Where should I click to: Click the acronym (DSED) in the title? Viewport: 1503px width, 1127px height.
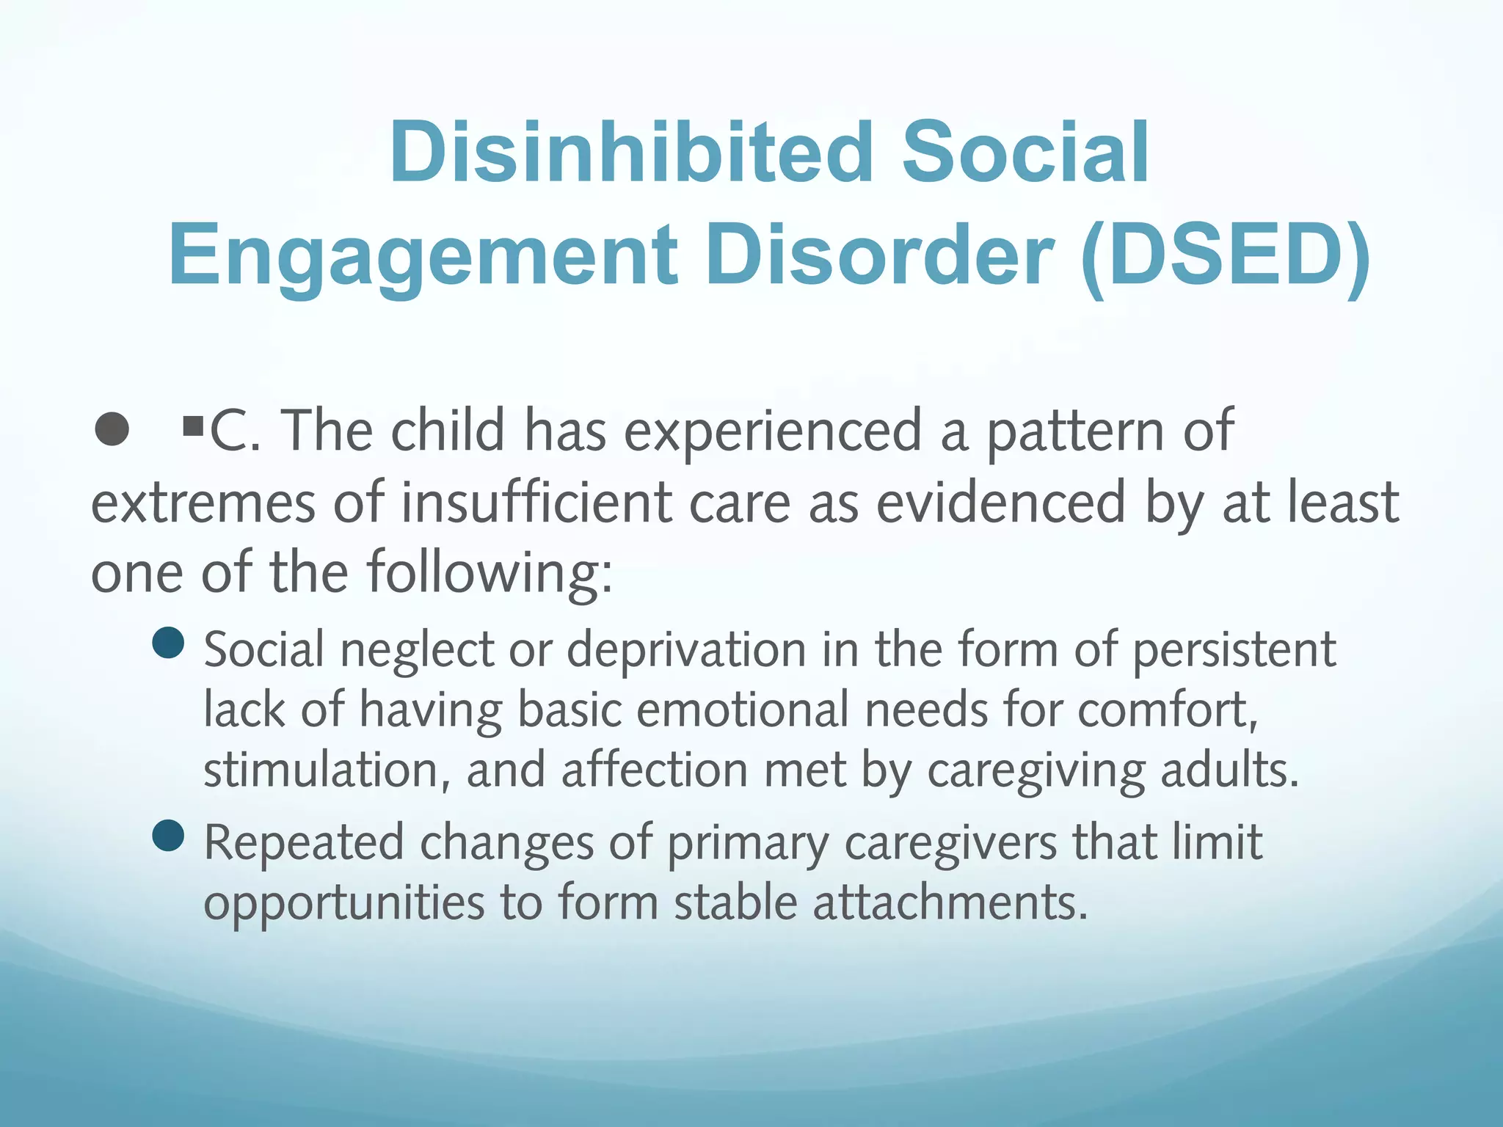coord(1224,255)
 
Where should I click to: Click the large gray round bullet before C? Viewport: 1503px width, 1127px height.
coord(112,429)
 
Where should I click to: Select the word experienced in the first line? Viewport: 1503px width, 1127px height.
coord(772,431)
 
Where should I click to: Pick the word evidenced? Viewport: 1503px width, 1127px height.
coord(1001,503)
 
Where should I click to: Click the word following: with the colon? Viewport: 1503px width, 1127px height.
coord(490,572)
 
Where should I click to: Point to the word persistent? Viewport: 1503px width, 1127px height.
coord(1234,650)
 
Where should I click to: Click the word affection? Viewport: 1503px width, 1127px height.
coord(655,770)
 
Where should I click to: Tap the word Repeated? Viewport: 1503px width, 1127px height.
coord(304,842)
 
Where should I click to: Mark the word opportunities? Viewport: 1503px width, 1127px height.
coord(343,902)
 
